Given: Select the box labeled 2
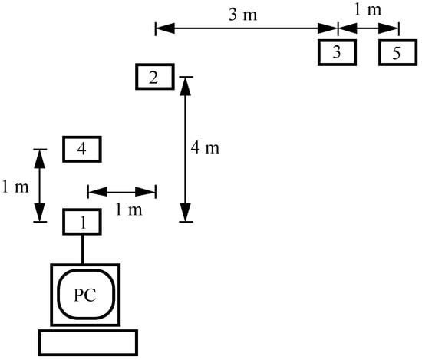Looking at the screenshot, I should pyautogui.click(x=153, y=77).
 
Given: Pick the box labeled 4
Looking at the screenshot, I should pyautogui.click(x=82, y=149).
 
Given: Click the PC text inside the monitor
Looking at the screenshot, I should pyautogui.click(x=84, y=296).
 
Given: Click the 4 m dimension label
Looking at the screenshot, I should pyautogui.click(x=205, y=148).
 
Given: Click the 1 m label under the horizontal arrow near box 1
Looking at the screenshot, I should pyautogui.click(x=123, y=210).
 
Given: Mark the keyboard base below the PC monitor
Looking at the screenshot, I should pyautogui.click(x=88, y=342).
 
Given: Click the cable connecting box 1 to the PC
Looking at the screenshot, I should pyautogui.click(x=82, y=249).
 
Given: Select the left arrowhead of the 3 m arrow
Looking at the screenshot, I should pyautogui.click(x=162, y=28).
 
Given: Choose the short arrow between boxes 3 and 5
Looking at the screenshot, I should pyautogui.click(x=368, y=28).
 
